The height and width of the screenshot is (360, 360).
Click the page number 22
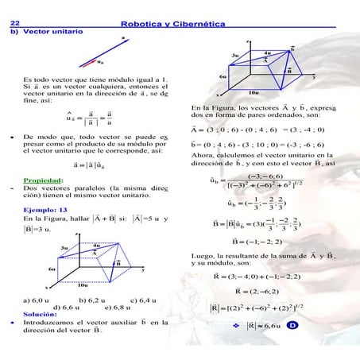[x=14, y=25]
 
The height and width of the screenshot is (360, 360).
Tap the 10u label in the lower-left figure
[x=83, y=284]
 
